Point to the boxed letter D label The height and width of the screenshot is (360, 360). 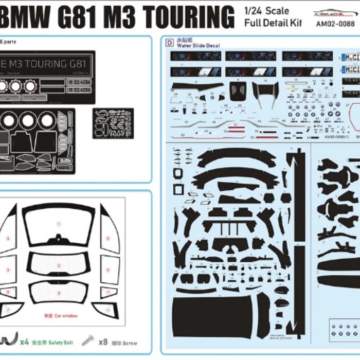pos(170,43)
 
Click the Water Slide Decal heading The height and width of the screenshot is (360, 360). pos(198,46)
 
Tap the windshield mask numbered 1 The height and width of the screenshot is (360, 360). pos(59,224)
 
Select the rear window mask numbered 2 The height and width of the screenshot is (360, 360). pos(59,265)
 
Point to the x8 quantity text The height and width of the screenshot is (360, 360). pos(103,341)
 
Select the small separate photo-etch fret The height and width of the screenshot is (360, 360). pos(113,123)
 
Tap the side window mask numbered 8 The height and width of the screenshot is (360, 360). pos(109,239)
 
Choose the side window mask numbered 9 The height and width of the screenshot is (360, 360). pos(109,269)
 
